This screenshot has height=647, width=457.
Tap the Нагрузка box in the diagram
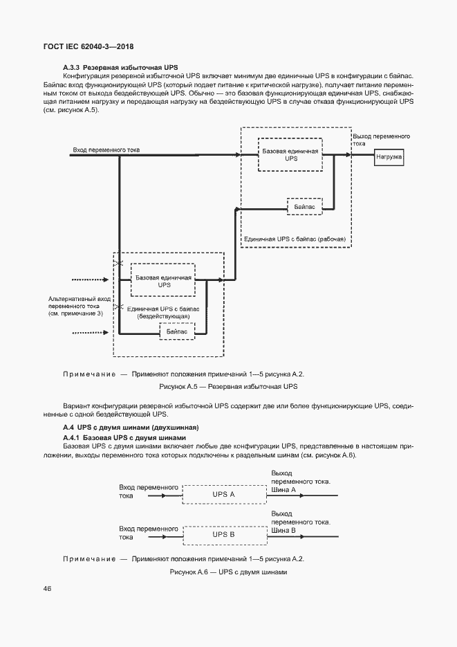click(393, 157)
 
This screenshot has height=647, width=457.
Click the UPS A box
click(224, 495)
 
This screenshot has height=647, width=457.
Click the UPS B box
click(224, 534)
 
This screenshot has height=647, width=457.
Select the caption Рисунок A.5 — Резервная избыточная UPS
click(227, 386)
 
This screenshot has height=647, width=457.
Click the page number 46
click(47, 588)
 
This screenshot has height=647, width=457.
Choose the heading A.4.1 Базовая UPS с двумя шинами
click(124, 437)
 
